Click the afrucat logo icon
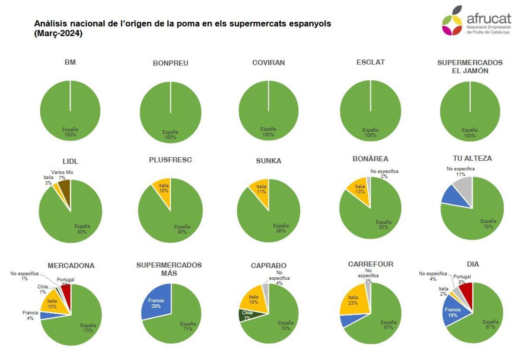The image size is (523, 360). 452,21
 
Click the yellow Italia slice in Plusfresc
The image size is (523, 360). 163,188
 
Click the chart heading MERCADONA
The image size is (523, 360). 71,265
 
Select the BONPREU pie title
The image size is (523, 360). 170,63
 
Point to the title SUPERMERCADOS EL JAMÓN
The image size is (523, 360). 469,67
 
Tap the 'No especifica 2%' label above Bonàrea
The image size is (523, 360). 384,173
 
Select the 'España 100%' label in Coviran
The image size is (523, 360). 268,132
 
